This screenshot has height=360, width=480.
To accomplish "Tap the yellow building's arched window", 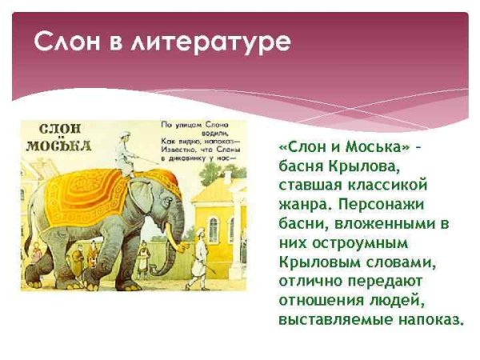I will [214, 229].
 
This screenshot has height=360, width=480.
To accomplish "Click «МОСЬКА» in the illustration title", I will [58, 146].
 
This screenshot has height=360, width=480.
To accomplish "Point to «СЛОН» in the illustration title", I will [58, 130].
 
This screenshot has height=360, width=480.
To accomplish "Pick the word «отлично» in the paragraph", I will [312, 282].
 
